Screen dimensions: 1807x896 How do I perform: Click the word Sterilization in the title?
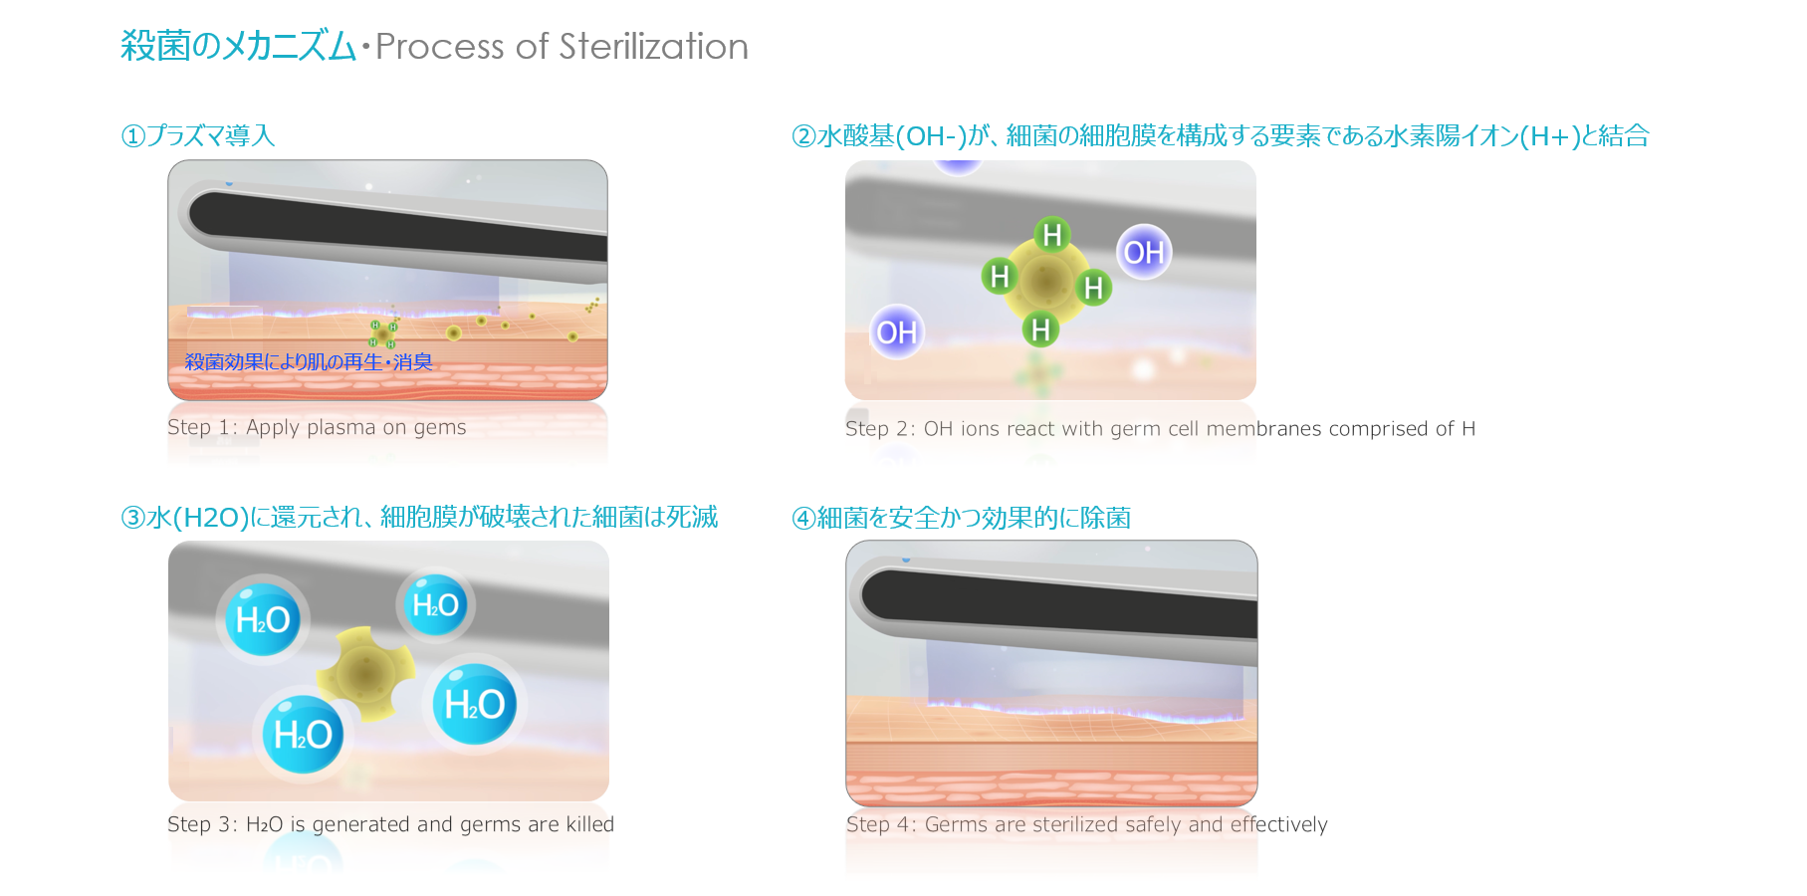click(x=653, y=47)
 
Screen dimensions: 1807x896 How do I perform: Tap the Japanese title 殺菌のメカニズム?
click(x=238, y=46)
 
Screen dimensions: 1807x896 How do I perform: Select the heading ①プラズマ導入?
click(x=198, y=135)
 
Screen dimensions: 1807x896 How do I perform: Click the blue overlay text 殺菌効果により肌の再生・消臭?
click(x=309, y=361)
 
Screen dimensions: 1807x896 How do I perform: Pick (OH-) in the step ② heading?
click(x=931, y=135)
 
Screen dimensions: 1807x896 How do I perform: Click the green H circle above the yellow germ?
click(x=1051, y=235)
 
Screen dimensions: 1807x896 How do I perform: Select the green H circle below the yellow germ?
click(x=1040, y=329)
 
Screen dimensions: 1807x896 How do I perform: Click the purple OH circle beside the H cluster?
click(x=1144, y=252)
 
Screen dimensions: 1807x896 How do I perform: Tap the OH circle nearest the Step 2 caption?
click(x=896, y=332)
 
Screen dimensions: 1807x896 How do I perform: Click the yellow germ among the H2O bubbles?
click(x=365, y=674)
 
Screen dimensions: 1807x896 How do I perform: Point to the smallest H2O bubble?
click(x=435, y=604)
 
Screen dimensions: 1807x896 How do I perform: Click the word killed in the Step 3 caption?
click(x=589, y=824)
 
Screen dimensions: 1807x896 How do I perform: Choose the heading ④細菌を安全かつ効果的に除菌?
click(x=962, y=518)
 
